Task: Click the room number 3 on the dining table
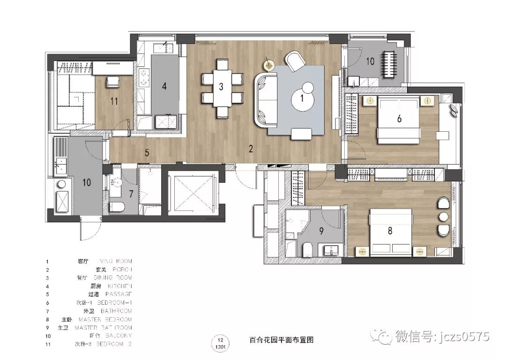coord(221,86)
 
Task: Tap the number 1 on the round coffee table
coord(302,99)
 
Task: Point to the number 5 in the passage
coord(147,152)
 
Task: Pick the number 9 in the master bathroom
coord(321,230)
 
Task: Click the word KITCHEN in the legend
coord(120,286)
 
